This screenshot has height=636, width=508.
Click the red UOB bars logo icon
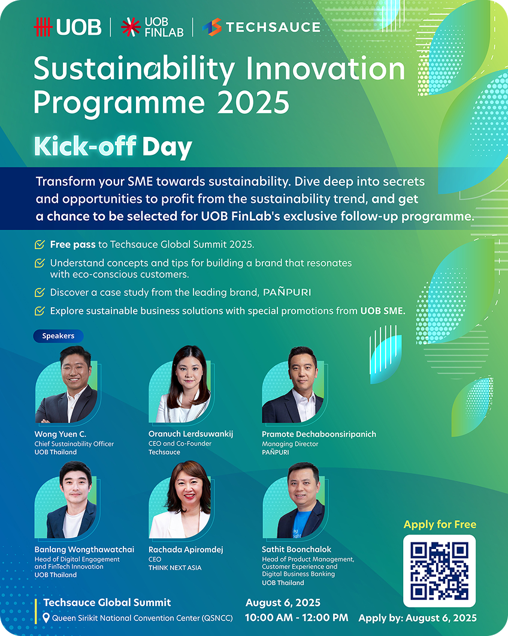pyautogui.click(x=43, y=27)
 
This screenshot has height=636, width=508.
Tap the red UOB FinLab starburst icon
pyautogui.click(x=131, y=27)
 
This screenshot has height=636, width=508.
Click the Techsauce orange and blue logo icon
pyautogui.click(x=212, y=27)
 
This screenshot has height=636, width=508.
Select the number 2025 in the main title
pyautogui.click(x=253, y=102)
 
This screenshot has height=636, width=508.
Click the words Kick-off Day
pyautogui.click(x=113, y=147)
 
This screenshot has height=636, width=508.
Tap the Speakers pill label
pyautogui.click(x=58, y=336)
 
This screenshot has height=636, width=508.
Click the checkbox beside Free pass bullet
pyautogui.click(x=40, y=245)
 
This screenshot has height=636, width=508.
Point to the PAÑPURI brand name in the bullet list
pyautogui.click(x=287, y=292)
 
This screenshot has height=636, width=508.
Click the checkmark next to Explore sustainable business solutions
pyautogui.click(x=40, y=311)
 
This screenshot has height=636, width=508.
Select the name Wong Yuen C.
pyautogui.click(x=61, y=434)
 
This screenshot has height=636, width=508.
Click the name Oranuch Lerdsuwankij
pyautogui.click(x=191, y=434)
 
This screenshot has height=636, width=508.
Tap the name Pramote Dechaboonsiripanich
pyautogui.click(x=319, y=434)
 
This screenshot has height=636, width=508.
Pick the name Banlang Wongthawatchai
pyautogui.click(x=84, y=550)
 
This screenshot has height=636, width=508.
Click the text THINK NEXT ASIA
pyautogui.click(x=175, y=568)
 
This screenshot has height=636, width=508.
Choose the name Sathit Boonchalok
pyautogui.click(x=297, y=550)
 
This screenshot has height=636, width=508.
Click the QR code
pyautogui.click(x=439, y=571)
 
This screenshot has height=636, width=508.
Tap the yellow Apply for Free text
pyautogui.click(x=440, y=525)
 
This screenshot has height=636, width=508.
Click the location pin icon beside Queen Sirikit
pyautogui.click(x=46, y=618)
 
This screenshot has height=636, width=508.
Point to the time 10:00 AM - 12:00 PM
pyautogui.click(x=297, y=618)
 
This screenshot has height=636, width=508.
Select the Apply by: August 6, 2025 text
pyautogui.click(x=418, y=618)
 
